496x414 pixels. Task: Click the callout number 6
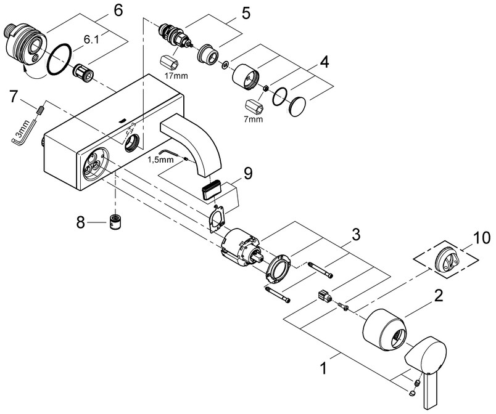[x=118, y=10]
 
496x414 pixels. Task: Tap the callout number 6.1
[x=91, y=39]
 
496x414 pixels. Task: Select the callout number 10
[x=482, y=238]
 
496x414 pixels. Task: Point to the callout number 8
[x=81, y=223]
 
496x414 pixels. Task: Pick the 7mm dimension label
[x=253, y=119]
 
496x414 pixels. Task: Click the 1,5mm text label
[x=160, y=160]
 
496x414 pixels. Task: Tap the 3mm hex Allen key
[x=22, y=132]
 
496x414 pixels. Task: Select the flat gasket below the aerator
[x=217, y=219]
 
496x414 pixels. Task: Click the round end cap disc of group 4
[x=298, y=107]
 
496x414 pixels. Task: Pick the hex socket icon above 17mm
[x=170, y=62]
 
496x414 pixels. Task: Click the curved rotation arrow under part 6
[x=33, y=72]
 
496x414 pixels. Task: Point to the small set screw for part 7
[x=40, y=111]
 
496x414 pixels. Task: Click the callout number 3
[x=356, y=235]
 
